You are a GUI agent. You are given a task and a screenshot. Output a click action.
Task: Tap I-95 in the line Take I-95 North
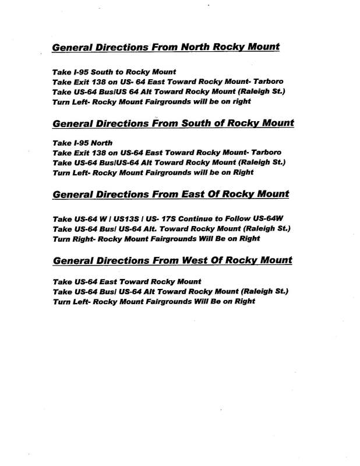coord(80,142)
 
